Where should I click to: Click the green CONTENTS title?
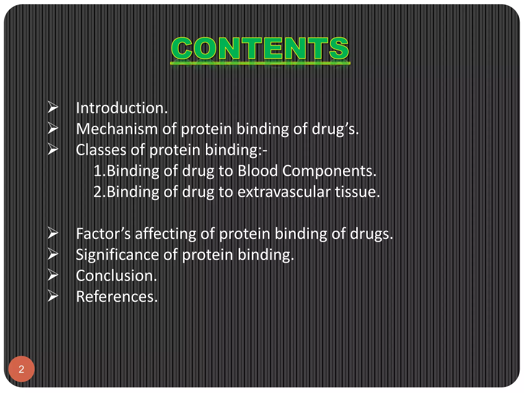coord(260,49)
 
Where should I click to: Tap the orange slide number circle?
coord(21,369)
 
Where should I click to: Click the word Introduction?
coord(122,108)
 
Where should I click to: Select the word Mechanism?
coord(117,129)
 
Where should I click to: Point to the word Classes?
coord(101,150)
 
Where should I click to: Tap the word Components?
coord(329,171)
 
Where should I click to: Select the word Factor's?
coord(103,234)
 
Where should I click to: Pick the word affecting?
coord(165,234)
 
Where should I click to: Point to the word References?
coord(117,297)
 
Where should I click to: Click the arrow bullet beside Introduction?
coord(53,107)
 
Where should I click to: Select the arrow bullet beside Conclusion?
coord(53,275)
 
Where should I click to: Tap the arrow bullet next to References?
coord(53,296)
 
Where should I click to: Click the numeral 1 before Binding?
coord(97,171)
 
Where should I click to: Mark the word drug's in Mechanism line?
coord(335,129)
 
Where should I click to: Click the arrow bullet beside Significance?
coord(53,254)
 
